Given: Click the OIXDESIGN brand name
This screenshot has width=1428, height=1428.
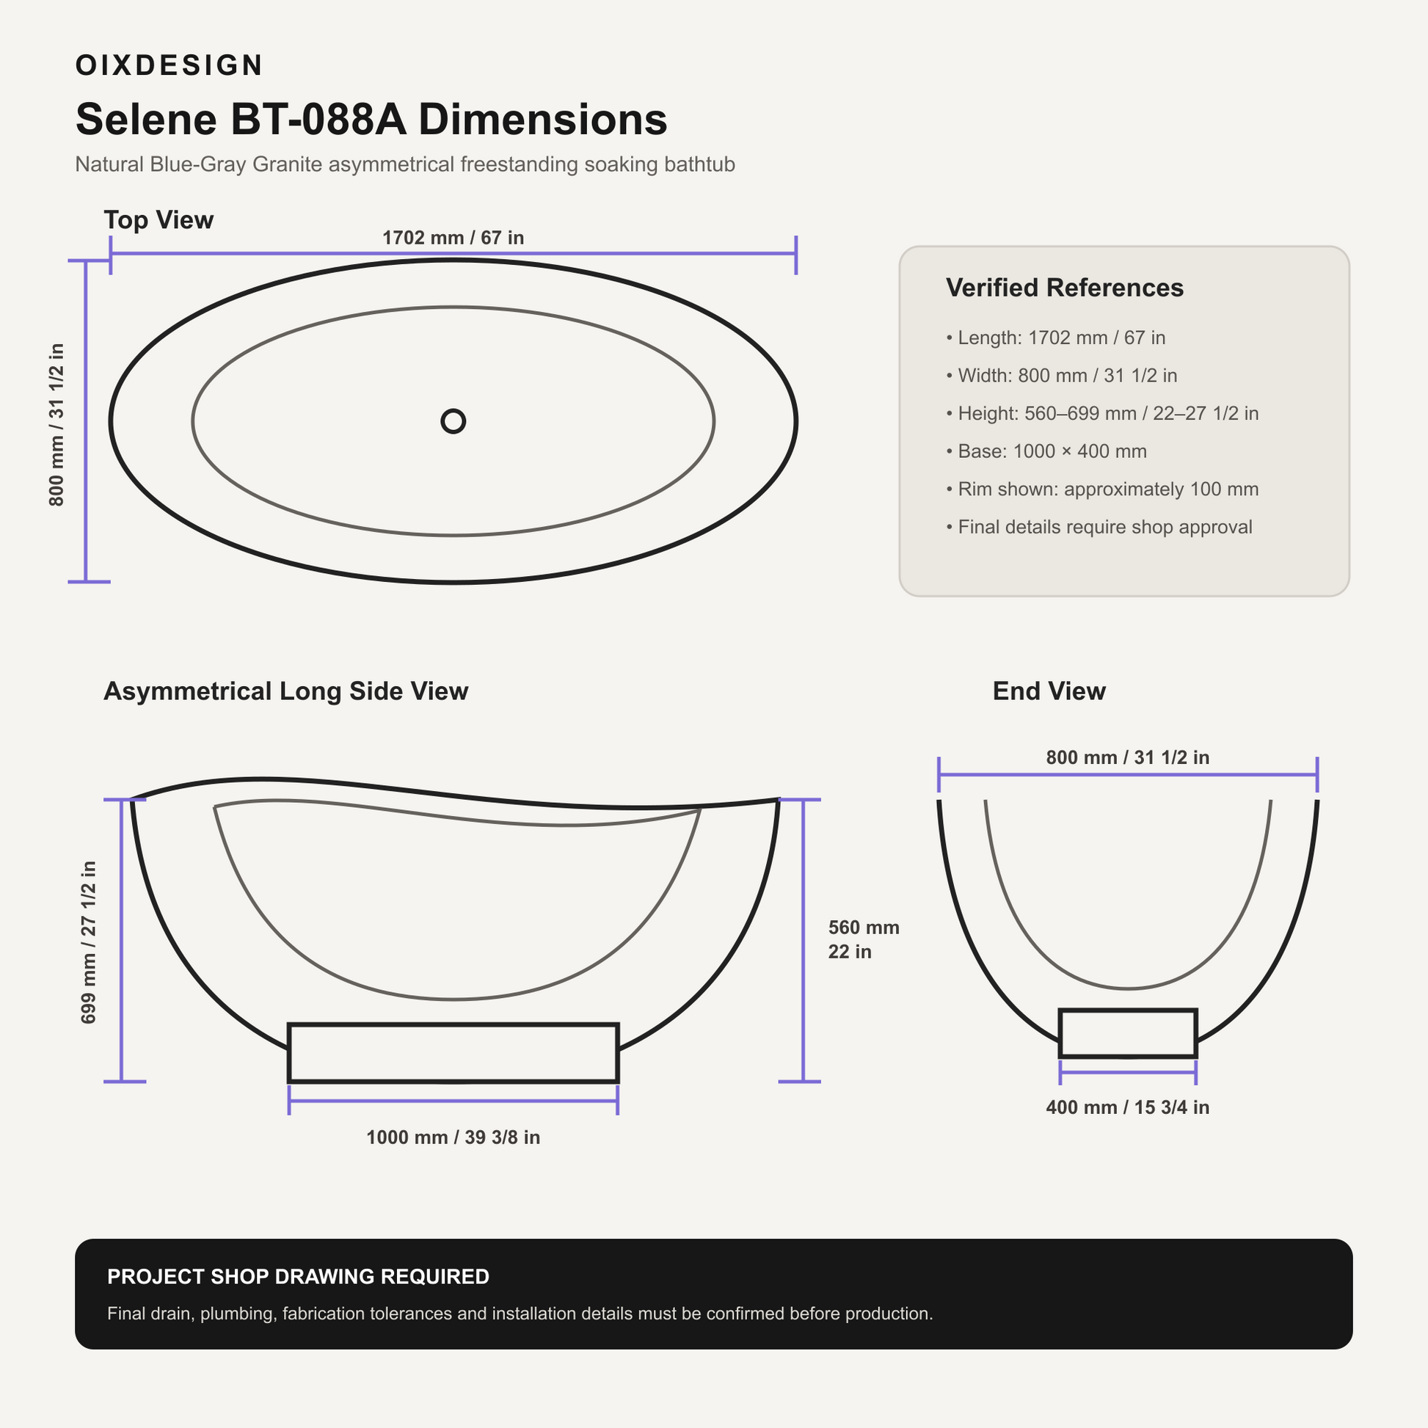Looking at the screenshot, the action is (x=169, y=65).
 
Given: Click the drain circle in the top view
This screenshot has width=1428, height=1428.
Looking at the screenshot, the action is (x=453, y=421).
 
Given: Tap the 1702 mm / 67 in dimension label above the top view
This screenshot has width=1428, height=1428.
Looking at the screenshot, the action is (x=453, y=238).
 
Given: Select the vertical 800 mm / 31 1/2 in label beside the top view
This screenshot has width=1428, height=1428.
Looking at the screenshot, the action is (x=57, y=424).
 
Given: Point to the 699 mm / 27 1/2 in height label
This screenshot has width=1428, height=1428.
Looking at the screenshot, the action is (x=89, y=942).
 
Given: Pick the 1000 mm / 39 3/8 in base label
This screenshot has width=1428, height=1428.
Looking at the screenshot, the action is (x=453, y=1137).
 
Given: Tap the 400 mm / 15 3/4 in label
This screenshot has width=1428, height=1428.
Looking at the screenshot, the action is (x=1127, y=1107).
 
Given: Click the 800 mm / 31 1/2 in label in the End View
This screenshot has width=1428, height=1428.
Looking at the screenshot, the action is (x=1127, y=757).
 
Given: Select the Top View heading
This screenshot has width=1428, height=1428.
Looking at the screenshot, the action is (x=159, y=220).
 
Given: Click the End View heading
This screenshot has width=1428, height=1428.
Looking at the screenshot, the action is (x=1049, y=691).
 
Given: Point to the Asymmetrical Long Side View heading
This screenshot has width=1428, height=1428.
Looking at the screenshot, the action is (x=286, y=691).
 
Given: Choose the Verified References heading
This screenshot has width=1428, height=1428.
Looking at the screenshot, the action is (x=1064, y=288).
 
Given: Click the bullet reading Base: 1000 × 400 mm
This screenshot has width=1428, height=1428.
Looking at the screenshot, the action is (x=1046, y=451).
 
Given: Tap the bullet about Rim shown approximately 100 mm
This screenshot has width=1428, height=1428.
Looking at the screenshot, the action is (x=1102, y=489).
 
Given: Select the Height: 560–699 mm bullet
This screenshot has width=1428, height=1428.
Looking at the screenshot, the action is (x=1102, y=413).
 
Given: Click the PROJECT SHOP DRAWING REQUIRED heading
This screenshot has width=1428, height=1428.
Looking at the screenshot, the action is (x=298, y=1277).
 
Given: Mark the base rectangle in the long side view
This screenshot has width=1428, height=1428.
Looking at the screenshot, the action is (x=453, y=1024).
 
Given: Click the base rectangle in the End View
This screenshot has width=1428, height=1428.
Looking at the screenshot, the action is (x=1127, y=1010).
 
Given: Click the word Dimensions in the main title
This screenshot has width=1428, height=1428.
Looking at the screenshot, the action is (x=542, y=119).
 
